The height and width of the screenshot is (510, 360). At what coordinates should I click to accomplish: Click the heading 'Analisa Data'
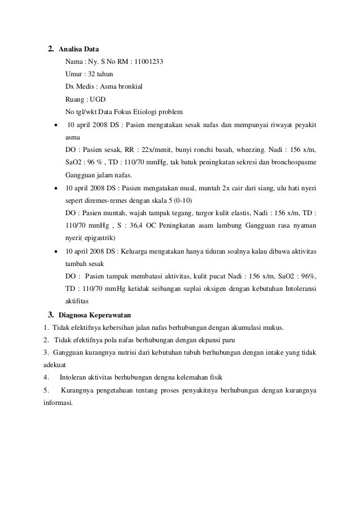click(80, 49)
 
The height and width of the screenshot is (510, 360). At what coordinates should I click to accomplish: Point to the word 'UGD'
click(98, 99)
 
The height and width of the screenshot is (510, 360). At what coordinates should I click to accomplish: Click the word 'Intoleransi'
click(299, 288)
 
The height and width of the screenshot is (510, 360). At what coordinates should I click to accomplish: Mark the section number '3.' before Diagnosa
click(51, 315)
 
